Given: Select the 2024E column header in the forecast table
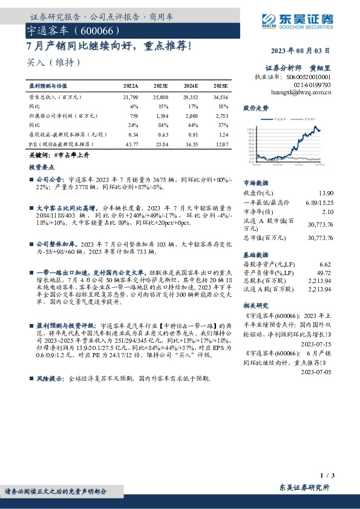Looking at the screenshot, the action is pos(189,86).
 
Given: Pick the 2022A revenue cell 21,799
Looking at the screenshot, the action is pos(130,97).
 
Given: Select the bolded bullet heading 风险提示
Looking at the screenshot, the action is pos(51,378).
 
